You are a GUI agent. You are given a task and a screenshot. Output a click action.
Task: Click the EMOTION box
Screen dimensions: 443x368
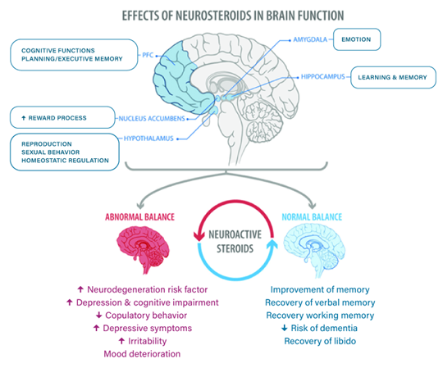click(357, 39)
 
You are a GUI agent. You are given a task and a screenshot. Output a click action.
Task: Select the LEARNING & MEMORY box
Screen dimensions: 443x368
click(393, 77)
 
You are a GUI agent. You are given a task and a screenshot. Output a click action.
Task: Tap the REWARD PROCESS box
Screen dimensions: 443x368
click(62, 117)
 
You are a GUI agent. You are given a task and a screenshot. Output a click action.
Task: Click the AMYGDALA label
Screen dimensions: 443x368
click(310, 39)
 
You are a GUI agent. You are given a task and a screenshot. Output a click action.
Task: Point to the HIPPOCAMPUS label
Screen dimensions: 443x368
click(323, 77)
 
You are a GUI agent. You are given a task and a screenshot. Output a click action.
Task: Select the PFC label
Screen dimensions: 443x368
click(148, 55)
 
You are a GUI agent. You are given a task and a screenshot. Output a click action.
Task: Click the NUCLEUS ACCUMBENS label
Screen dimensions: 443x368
click(152, 119)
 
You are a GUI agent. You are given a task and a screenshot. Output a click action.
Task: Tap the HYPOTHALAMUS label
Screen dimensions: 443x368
click(148, 139)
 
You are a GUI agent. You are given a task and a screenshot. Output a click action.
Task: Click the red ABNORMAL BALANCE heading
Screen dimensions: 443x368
click(139, 216)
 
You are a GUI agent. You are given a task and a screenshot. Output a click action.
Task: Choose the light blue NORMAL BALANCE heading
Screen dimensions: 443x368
click(312, 216)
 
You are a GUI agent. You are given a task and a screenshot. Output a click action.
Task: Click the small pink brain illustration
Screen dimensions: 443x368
click(143, 248)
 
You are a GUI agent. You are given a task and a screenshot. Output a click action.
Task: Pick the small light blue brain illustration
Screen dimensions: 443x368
click(314, 248)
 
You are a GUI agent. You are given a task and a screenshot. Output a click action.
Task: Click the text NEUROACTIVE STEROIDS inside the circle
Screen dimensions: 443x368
click(235, 241)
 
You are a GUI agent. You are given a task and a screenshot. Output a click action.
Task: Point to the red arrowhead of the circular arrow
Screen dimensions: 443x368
click(199, 237)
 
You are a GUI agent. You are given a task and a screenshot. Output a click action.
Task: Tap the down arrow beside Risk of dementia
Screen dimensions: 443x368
click(285, 328)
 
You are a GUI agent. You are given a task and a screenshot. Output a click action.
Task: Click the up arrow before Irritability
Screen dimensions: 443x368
click(121, 341)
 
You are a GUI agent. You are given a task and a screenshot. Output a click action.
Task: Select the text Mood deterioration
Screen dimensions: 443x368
click(142, 354)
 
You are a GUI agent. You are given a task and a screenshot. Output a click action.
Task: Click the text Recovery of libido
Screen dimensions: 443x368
click(320, 341)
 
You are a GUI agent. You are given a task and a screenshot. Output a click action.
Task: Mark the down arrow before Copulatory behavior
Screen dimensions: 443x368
click(98, 315)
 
